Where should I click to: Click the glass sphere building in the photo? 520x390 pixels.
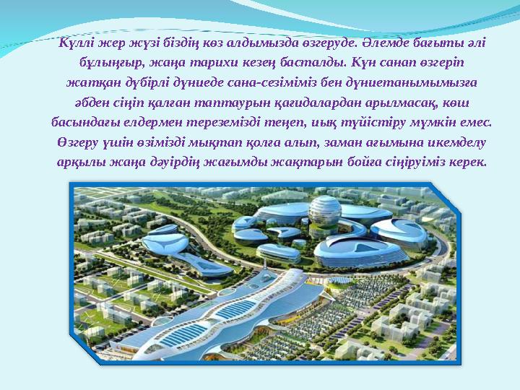326,214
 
